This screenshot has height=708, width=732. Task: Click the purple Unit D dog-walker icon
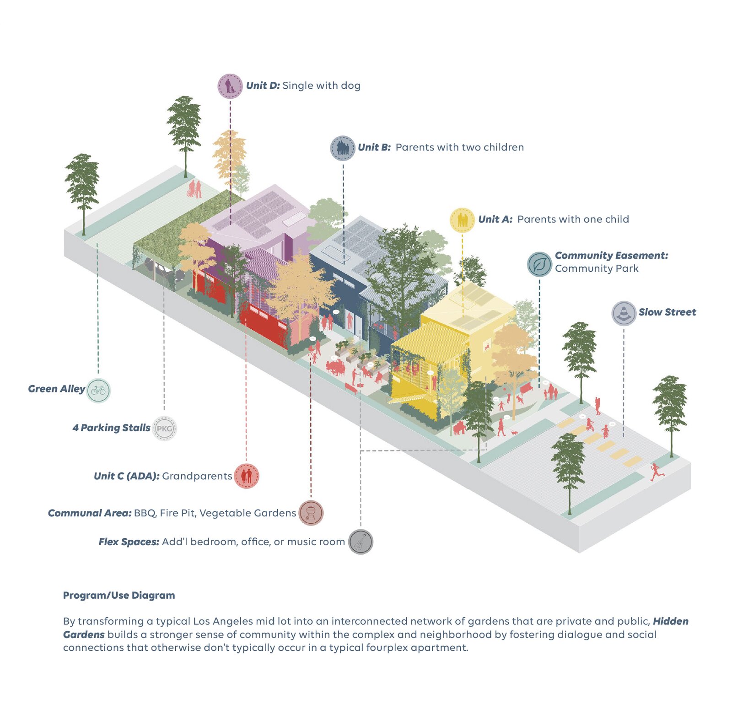(x=230, y=86)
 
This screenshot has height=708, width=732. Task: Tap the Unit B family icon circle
(x=343, y=148)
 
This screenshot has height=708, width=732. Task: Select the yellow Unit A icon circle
(x=462, y=220)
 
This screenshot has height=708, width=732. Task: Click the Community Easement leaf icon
(x=539, y=264)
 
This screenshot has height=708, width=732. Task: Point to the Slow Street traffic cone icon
(x=624, y=313)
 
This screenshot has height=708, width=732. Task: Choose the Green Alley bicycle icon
(x=98, y=391)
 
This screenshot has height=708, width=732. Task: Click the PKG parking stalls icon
(x=164, y=429)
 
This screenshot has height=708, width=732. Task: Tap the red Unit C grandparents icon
(x=247, y=476)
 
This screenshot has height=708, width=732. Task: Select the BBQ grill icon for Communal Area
(x=311, y=513)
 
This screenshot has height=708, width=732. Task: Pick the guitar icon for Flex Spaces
(x=361, y=542)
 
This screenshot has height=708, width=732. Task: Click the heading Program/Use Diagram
(x=119, y=595)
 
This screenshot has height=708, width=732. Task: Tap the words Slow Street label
(x=667, y=312)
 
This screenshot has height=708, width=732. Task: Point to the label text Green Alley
(x=56, y=389)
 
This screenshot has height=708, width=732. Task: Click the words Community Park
(x=597, y=269)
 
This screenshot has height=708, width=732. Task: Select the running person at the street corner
(x=657, y=472)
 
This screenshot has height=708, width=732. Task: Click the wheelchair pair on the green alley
(x=194, y=189)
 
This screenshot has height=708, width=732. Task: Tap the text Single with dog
(x=321, y=86)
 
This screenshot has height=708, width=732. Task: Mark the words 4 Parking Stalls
(x=111, y=428)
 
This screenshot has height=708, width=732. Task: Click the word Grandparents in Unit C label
(x=197, y=477)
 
